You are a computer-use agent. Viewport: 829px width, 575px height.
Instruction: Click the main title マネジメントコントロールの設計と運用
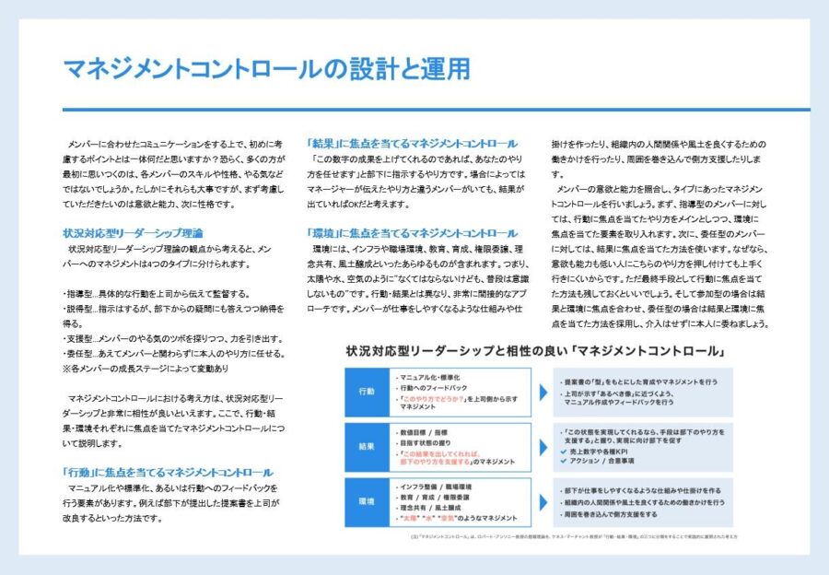(x=266, y=68)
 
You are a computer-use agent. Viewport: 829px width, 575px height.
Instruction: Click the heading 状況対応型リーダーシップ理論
(x=133, y=233)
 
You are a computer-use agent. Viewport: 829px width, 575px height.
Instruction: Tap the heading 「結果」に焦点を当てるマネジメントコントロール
(x=413, y=144)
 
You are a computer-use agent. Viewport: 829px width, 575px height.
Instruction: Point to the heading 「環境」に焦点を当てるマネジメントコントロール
(x=413, y=233)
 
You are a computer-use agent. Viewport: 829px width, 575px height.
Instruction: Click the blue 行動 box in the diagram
(x=367, y=392)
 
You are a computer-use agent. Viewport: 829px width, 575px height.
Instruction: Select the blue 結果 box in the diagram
(x=367, y=447)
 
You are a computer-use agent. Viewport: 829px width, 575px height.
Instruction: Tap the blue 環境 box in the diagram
(x=367, y=501)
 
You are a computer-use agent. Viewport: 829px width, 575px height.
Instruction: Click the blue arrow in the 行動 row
(x=544, y=392)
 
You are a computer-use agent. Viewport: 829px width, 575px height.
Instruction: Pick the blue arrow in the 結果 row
(x=544, y=447)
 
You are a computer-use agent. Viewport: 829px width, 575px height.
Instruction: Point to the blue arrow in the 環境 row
(x=544, y=501)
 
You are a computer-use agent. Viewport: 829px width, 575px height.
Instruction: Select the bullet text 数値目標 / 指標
(x=425, y=430)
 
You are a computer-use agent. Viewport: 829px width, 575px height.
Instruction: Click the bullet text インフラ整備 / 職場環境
(x=433, y=486)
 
